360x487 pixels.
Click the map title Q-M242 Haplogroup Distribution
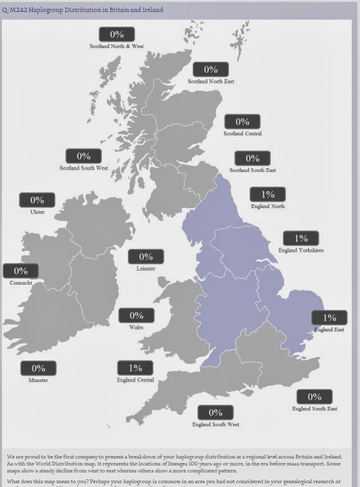pyautogui.click(x=83, y=10)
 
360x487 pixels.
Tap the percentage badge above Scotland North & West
pyautogui.click(x=116, y=35)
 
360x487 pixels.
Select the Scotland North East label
pyautogui.click(x=211, y=81)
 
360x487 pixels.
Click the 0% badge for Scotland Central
pyautogui.click(x=242, y=121)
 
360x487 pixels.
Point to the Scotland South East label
pyautogui.click(x=252, y=170)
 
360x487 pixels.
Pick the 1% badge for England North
pyautogui.click(x=268, y=195)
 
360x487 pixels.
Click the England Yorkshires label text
pyautogui.click(x=301, y=250)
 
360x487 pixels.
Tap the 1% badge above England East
pyautogui.click(x=329, y=317)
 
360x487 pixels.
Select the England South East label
pyautogui.click(x=314, y=409)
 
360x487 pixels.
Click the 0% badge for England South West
pyautogui.click(x=216, y=412)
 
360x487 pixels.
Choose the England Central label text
pyautogui.click(x=136, y=380)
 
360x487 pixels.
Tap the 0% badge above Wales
pyautogui.click(x=136, y=315)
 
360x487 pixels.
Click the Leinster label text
pyautogui.click(x=146, y=268)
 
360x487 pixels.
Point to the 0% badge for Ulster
pyautogui.click(x=37, y=200)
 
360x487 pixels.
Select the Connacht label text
pyautogui.click(x=21, y=283)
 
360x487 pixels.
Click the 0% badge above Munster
pyautogui.click(x=38, y=368)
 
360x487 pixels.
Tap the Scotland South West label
pyautogui.click(x=84, y=168)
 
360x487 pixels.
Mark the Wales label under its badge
pyautogui.click(x=136, y=328)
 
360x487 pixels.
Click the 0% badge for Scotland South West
pyautogui.click(x=84, y=156)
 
